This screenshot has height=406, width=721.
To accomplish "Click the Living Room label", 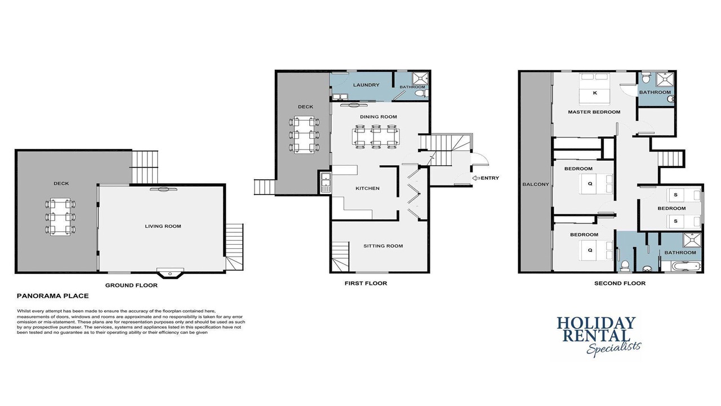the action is tap(163, 226).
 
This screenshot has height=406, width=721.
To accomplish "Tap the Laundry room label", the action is tap(366, 85).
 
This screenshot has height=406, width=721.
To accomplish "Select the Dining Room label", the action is tap(379, 117).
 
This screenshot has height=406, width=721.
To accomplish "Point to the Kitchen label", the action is tap(368, 188).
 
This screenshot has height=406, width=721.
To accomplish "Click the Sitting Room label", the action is tap(383, 246).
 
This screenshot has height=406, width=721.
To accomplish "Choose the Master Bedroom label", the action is tap(594, 112).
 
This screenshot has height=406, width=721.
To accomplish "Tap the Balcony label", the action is tap(536, 184).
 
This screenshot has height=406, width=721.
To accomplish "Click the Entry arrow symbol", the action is tap(476, 178).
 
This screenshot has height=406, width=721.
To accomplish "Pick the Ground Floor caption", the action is tap(131, 285).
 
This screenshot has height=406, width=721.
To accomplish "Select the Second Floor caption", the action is tap(620, 283).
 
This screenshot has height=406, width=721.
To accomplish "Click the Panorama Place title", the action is tap(53, 296).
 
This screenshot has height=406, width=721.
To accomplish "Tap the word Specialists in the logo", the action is tap(614, 348).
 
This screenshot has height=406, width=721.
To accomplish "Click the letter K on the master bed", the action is tap(595, 93).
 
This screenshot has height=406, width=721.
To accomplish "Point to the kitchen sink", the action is tap(326, 183).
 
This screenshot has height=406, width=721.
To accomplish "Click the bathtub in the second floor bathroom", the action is tap(681, 267).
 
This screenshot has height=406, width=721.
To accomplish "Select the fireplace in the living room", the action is tap(170, 273).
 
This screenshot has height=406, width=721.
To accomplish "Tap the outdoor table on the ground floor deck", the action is tap(60, 217).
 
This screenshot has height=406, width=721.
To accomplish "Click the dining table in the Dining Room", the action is tap(376, 136).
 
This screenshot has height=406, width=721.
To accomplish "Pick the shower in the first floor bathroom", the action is tap(420, 79).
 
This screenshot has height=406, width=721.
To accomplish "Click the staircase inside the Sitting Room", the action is tap(341, 257).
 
